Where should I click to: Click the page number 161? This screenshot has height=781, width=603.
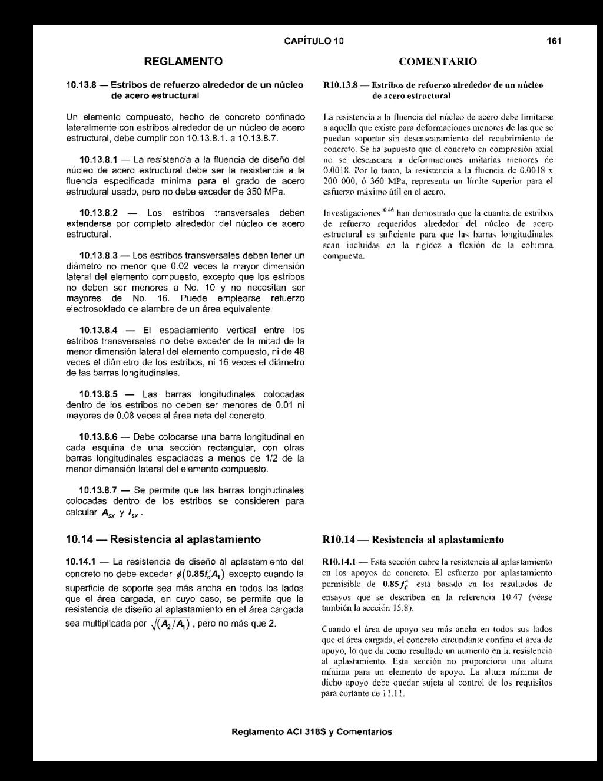(x=553, y=41)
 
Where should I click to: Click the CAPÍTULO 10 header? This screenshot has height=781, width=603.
(x=313, y=41)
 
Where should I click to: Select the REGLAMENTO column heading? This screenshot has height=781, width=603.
(x=184, y=61)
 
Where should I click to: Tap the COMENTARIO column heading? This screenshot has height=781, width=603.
(x=438, y=61)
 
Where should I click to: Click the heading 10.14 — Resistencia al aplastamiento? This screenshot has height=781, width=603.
(x=163, y=539)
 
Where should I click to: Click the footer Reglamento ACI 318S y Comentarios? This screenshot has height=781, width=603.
(x=312, y=732)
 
